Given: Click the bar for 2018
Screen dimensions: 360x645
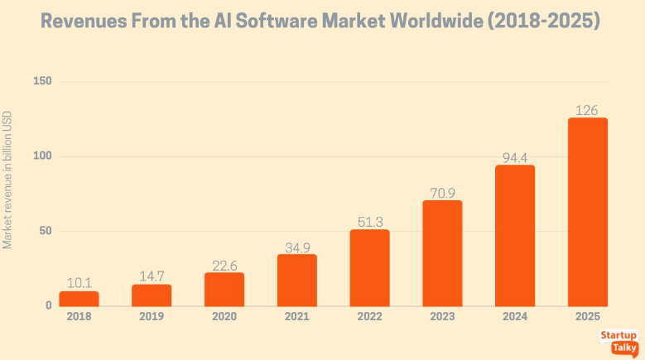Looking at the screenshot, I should (x=79, y=298).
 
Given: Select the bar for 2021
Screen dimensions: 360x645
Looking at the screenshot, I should (x=296, y=280).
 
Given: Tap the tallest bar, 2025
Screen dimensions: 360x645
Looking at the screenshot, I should (x=587, y=212).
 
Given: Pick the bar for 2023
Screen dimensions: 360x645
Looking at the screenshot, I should (x=442, y=253).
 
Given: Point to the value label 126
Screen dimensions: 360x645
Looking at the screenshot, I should (x=587, y=110).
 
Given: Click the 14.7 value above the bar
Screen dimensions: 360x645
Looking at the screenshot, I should (x=152, y=276).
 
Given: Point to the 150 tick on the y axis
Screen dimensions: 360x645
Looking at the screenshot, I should (x=42, y=81).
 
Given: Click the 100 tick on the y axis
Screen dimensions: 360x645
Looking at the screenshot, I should (x=42, y=156).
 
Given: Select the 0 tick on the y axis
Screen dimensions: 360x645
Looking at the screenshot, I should (x=48, y=306).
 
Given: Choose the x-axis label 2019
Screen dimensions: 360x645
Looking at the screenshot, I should (x=152, y=317).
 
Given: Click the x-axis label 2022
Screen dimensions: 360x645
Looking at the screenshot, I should (x=369, y=317).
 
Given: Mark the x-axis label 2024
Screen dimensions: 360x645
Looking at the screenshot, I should (x=515, y=317).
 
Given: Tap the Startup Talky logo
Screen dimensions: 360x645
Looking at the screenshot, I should (x=619, y=342).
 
